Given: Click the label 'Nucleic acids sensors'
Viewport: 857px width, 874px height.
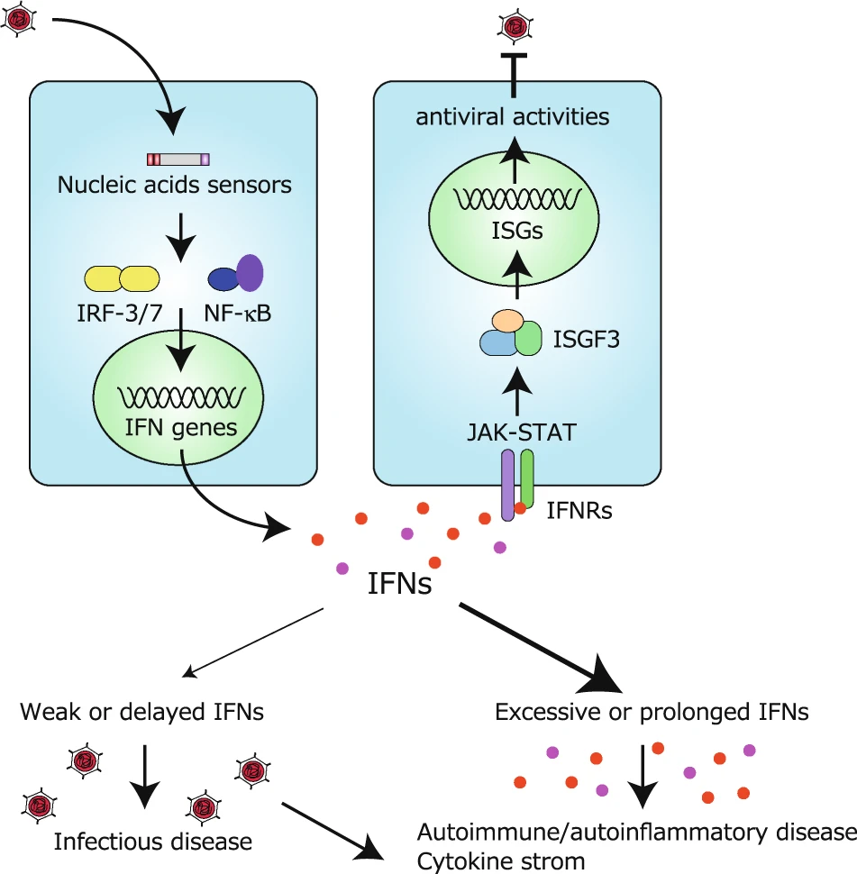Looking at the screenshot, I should tap(175, 186).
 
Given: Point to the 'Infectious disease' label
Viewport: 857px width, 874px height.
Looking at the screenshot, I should tap(153, 842).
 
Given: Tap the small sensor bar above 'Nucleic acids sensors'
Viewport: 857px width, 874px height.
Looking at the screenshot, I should tap(178, 159).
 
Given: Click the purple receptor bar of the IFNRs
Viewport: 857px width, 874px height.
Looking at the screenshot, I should tap(508, 487).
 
